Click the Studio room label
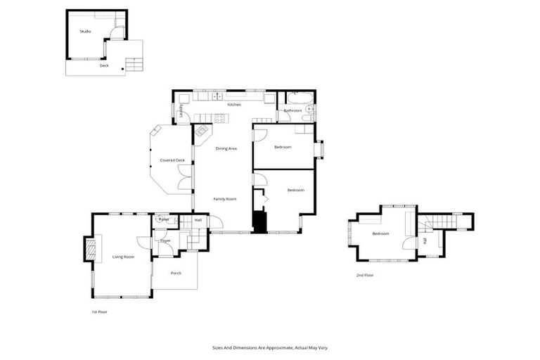click(85, 32)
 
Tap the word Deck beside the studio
click(103, 65)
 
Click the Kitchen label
click(234, 105)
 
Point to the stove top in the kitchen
click(219, 118)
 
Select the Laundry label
click(181, 110)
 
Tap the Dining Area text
click(226, 148)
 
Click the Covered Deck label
click(172, 160)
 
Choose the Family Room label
click(225, 199)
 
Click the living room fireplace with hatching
click(89, 249)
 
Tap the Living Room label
click(123, 257)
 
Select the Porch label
click(176, 273)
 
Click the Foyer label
click(165, 241)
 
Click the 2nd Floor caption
click(364, 275)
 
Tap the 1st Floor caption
click(99, 311)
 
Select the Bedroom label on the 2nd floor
click(380, 233)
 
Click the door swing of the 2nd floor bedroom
click(407, 244)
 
